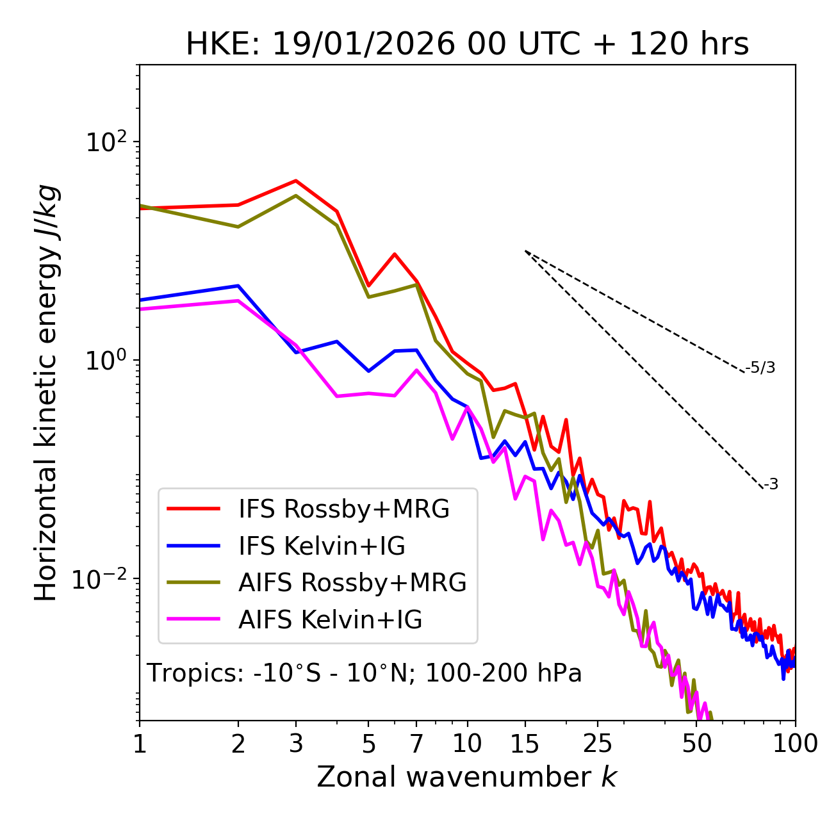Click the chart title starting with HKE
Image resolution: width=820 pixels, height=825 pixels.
point(467,45)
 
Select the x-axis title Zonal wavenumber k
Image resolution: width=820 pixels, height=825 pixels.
point(466,776)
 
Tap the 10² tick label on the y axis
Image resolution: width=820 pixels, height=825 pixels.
point(106,142)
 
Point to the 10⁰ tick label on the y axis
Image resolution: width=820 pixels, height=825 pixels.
point(106,361)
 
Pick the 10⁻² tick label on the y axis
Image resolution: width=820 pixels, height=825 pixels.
point(102,579)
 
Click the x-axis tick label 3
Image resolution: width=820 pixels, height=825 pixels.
point(296,744)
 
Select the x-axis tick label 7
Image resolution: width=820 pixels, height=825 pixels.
point(416,744)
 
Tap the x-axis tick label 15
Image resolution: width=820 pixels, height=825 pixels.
point(525,744)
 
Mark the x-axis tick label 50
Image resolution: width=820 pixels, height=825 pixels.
point(696,744)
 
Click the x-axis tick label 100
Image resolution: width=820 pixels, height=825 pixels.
point(795,744)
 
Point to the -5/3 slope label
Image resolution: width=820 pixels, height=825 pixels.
point(760,368)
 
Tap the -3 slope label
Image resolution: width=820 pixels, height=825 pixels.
point(771,485)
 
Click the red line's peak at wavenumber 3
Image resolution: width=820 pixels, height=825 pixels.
point(296,181)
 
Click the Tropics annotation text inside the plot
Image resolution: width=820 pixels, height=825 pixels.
point(364,673)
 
